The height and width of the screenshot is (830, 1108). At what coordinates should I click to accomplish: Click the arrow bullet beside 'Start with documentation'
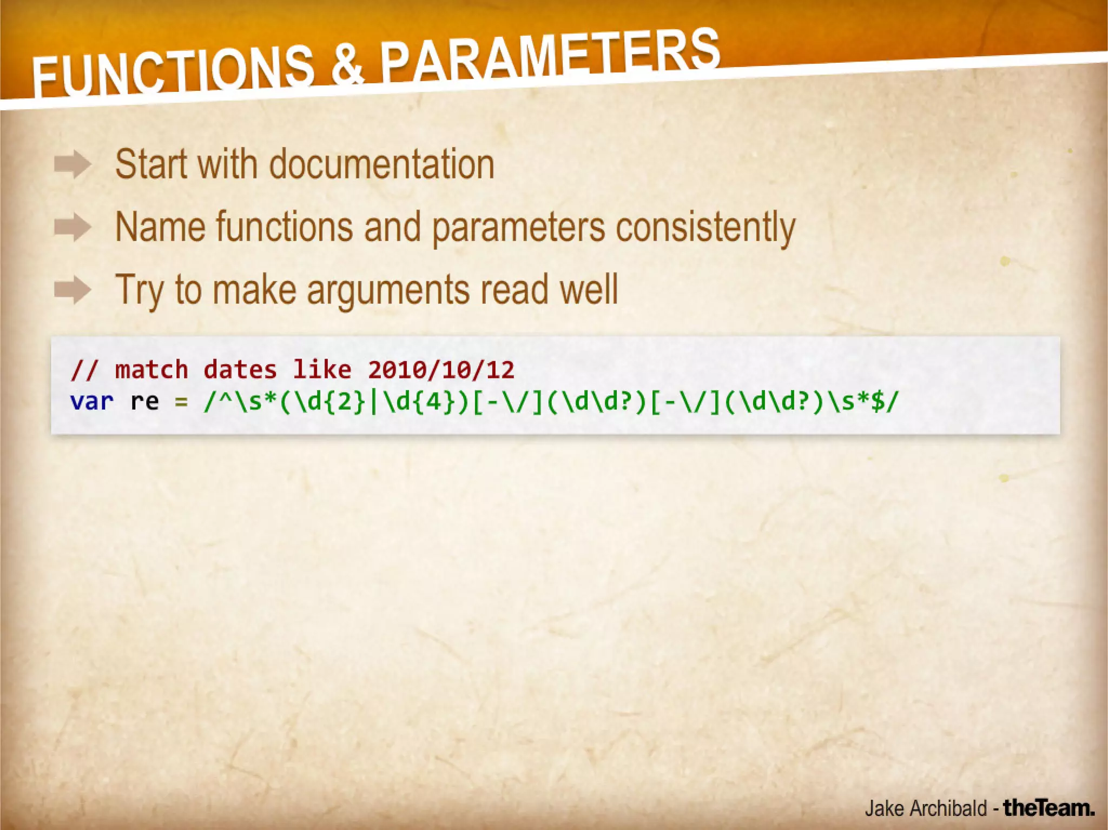[x=72, y=164]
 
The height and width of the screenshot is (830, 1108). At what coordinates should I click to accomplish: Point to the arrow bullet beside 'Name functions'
[x=72, y=227]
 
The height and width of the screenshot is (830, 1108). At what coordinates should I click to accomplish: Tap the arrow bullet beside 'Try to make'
[x=72, y=290]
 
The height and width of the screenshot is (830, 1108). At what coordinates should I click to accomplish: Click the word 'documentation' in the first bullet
[x=382, y=164]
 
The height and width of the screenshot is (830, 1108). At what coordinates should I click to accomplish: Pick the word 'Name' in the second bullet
[x=160, y=227]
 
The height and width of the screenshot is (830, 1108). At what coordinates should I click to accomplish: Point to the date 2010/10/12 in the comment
[x=441, y=370]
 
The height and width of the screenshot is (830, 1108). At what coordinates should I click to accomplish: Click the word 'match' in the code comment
[x=151, y=370]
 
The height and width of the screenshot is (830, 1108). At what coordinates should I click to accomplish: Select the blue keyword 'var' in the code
[x=91, y=402]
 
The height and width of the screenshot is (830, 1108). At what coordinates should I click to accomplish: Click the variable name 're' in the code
[x=144, y=402]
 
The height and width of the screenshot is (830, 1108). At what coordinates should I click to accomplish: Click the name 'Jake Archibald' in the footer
[x=925, y=808]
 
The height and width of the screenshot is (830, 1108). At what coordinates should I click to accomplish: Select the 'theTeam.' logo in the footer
[x=1048, y=808]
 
